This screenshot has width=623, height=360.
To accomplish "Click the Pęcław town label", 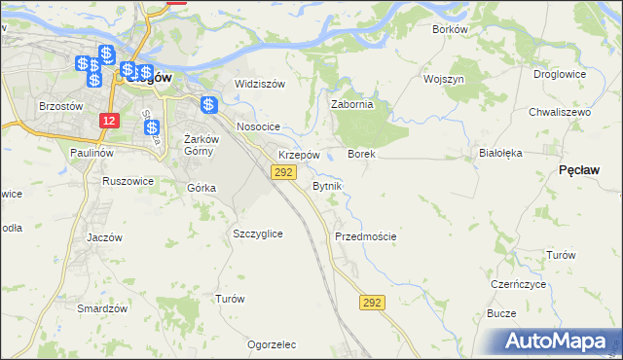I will [x=578, y=169].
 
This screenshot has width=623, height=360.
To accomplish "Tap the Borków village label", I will [x=450, y=29].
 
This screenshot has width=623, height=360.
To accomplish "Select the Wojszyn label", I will [x=443, y=79].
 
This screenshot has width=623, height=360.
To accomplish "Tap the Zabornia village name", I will [x=352, y=106].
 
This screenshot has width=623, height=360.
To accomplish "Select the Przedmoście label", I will [x=365, y=236].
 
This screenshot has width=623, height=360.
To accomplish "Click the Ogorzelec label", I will [x=272, y=344].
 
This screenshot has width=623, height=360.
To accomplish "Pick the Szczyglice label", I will [x=258, y=234].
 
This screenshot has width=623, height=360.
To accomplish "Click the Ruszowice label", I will [x=128, y=181].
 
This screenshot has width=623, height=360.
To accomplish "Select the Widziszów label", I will [x=260, y=84].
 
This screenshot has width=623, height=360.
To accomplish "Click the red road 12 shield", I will [x=109, y=120].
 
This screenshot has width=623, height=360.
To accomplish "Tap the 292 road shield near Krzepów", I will [x=282, y=172].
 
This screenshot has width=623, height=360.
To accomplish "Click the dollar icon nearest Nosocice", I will [x=207, y=105].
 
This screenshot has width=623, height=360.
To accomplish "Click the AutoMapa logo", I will [x=560, y=341].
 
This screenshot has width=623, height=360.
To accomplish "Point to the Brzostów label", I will [x=58, y=105].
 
